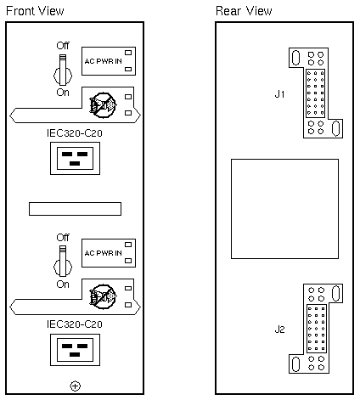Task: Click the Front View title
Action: point(35,11)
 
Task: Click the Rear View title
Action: point(244,11)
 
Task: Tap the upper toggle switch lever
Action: point(63,70)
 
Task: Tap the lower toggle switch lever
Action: point(63,261)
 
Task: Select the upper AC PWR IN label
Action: point(103,61)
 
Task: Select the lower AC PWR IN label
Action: point(103,253)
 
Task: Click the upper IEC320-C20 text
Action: point(75,133)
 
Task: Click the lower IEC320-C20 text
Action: point(75,324)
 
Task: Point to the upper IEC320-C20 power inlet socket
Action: point(75,158)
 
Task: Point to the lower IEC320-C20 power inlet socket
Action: point(75,350)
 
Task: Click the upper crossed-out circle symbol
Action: point(103,105)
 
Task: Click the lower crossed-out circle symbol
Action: point(103,296)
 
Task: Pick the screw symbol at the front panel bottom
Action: point(75,386)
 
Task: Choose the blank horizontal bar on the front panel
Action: point(75,209)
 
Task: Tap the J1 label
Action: point(279,94)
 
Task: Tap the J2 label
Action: point(279,330)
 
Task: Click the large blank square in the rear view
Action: point(284,209)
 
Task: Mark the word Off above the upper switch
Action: point(63,46)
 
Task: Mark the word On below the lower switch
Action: point(63,285)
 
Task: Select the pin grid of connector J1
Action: point(315,93)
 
